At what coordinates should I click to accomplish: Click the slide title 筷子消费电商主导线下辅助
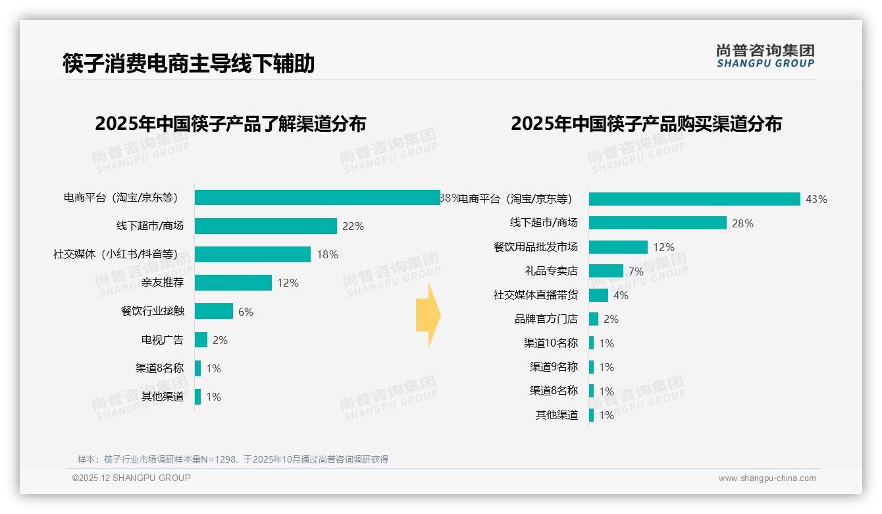188,63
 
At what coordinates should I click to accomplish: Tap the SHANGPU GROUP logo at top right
765,56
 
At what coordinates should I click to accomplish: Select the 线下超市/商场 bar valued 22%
265,226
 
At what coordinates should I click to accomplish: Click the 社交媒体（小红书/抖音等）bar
252,254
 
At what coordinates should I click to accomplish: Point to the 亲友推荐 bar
233,283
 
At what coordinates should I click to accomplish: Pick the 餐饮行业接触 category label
152,311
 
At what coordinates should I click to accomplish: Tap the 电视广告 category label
163,340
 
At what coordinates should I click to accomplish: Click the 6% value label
246,312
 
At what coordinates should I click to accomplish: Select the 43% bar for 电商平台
694,199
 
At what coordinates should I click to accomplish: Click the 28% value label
742,223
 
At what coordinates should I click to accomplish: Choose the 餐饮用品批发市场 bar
618,247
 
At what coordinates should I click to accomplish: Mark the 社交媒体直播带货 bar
598,295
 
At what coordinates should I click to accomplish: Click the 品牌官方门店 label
546,319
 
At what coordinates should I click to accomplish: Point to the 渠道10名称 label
550,343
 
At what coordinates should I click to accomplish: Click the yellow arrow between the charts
428,316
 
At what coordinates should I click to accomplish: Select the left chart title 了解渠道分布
230,124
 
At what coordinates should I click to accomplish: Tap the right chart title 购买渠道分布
646,124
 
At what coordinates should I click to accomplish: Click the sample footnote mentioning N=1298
233,459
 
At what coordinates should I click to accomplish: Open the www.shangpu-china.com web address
767,478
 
